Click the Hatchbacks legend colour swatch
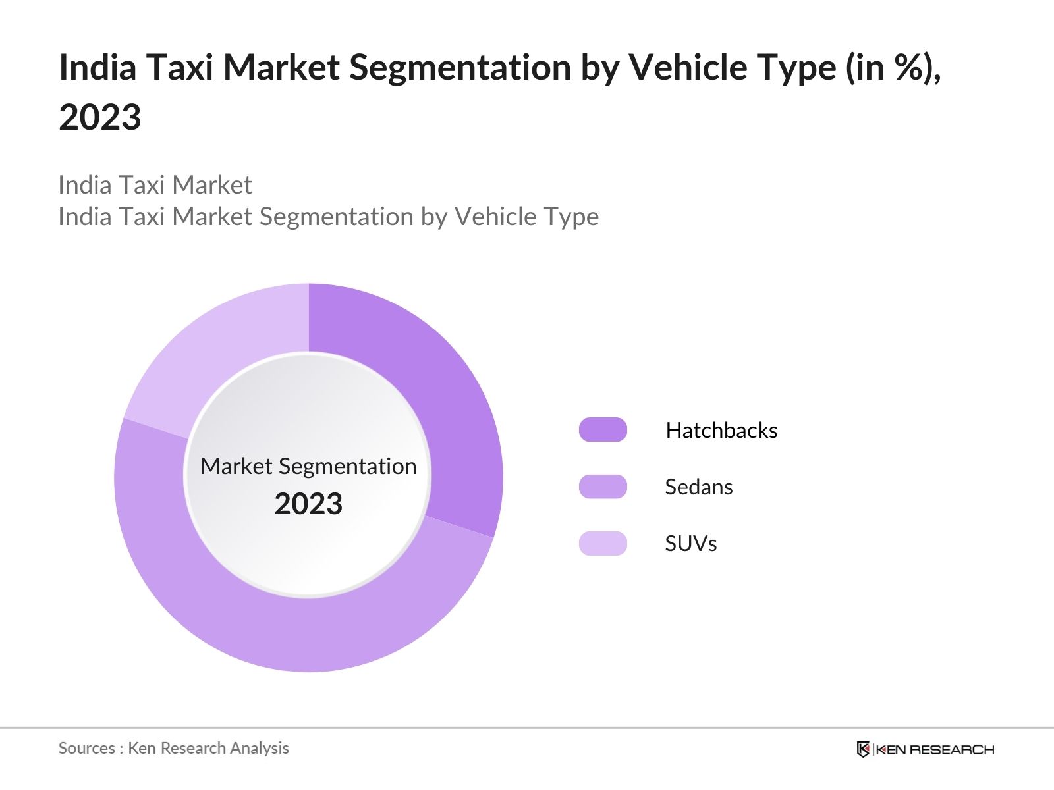(x=603, y=430)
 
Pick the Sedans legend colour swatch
(x=603, y=487)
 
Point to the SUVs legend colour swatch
(x=603, y=543)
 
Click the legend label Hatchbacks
(x=721, y=430)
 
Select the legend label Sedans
(x=698, y=487)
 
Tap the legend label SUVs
(x=690, y=543)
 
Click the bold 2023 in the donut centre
(x=308, y=504)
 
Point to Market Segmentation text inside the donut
(x=308, y=466)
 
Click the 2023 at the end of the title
(x=100, y=117)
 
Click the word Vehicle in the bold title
(x=689, y=67)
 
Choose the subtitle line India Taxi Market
(x=155, y=185)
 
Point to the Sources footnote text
(x=173, y=748)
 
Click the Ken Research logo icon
(x=864, y=749)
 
